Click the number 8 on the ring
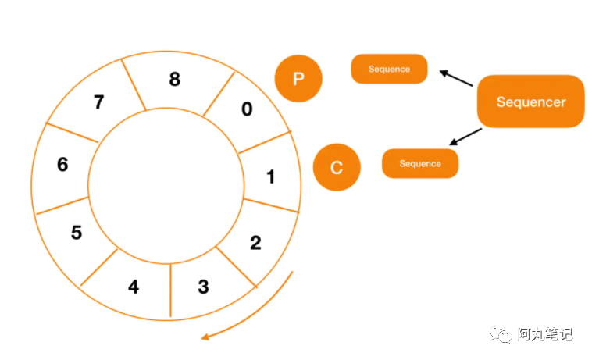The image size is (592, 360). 174,79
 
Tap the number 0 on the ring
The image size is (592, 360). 247,109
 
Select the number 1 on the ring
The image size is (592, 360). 271,177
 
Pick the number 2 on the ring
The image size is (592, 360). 255,242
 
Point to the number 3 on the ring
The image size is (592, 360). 203,287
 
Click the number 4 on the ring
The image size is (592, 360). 134,287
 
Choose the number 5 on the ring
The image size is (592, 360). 77,233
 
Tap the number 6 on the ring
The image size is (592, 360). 62,165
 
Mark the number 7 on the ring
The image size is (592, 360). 98,102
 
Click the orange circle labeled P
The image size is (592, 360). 298,79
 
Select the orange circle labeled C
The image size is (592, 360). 337,168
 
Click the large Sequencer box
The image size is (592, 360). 531,102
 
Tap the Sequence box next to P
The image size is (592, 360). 389,70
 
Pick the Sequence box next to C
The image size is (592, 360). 420,164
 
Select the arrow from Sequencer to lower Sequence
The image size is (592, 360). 466,137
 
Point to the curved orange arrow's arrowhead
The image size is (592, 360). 206,337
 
